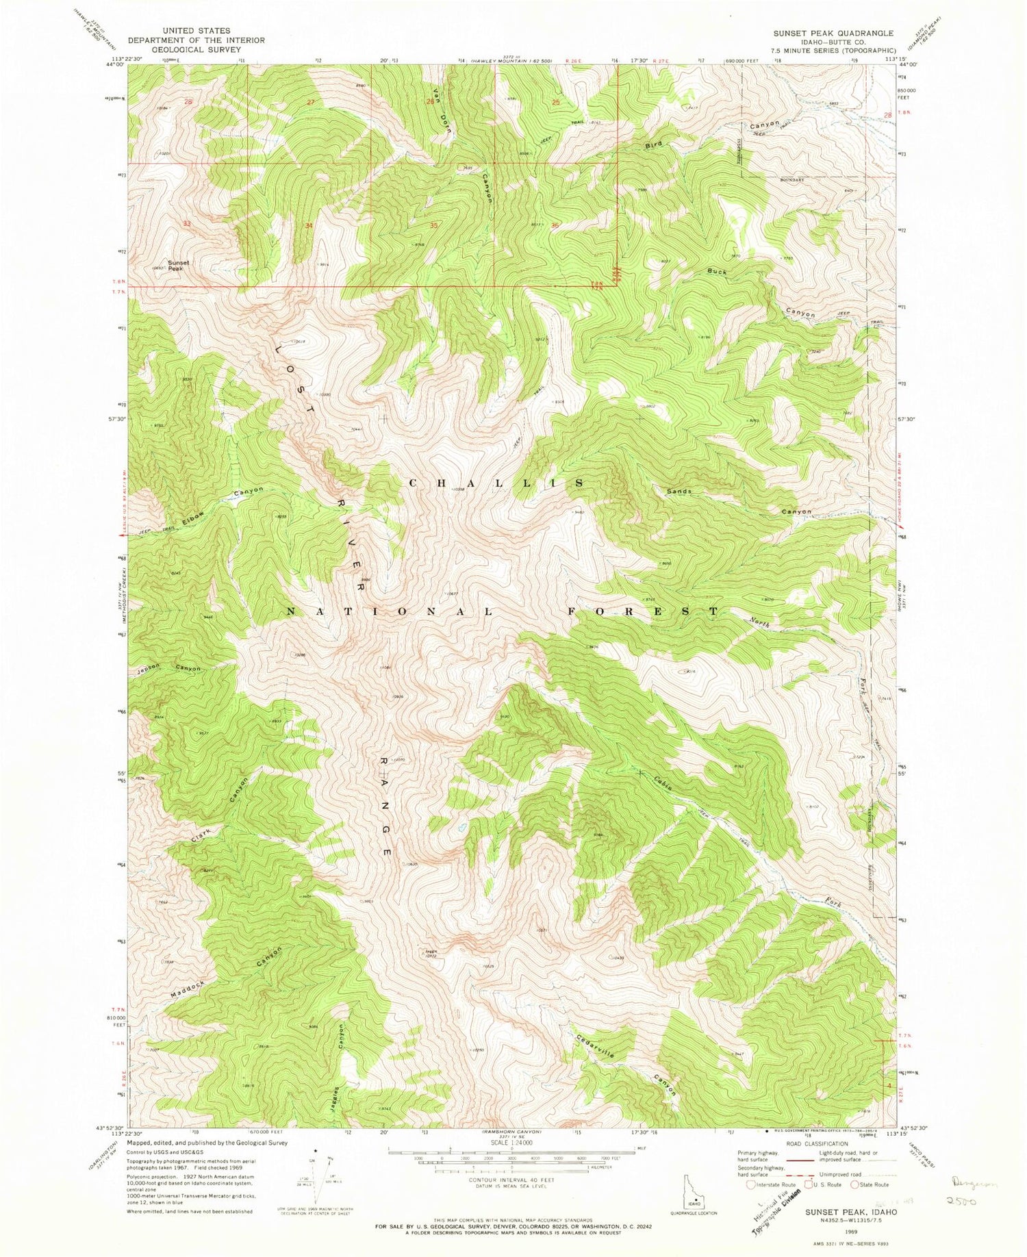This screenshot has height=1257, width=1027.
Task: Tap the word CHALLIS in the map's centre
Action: pos(496,483)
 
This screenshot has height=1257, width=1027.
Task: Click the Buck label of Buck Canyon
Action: pos(717,271)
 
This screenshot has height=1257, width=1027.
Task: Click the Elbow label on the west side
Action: pos(194,518)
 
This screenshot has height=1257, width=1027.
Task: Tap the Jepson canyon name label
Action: pos(148,666)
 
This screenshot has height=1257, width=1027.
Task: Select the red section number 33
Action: pos(187,224)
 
